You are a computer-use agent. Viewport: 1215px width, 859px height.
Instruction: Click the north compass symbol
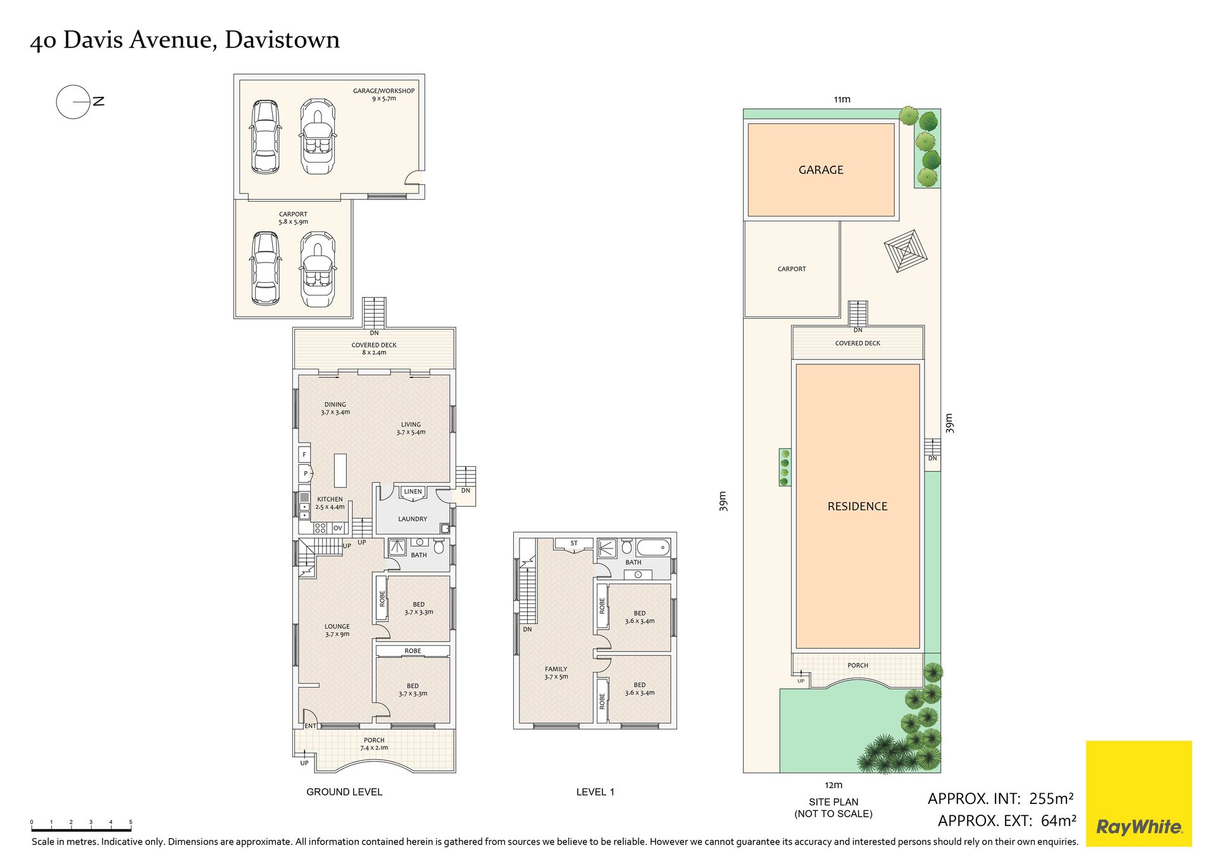[80, 101]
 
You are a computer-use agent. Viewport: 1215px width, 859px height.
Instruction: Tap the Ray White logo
[1138, 793]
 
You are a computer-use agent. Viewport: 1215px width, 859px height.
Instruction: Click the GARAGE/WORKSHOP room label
[383, 94]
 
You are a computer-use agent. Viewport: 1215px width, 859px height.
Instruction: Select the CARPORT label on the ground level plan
[293, 218]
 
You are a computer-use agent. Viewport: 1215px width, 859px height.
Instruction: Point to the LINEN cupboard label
[413, 491]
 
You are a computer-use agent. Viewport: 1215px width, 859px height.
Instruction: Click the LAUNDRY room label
[413, 519]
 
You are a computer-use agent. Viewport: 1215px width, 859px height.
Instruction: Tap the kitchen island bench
[340, 470]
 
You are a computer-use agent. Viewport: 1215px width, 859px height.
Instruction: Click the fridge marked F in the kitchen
[304, 454]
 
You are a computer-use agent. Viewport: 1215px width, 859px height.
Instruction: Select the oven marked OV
[338, 528]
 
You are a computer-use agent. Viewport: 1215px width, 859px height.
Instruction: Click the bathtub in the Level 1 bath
[653, 547]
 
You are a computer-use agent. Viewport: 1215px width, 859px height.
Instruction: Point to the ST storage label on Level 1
[574, 543]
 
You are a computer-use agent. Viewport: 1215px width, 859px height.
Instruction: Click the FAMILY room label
[556, 672]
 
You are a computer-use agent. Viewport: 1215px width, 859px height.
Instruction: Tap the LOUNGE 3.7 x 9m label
[337, 630]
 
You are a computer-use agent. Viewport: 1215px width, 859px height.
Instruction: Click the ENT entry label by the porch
[310, 726]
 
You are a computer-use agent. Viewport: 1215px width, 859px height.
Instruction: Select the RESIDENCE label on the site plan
[857, 506]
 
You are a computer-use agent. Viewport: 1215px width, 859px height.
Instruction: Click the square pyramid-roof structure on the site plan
[906, 251]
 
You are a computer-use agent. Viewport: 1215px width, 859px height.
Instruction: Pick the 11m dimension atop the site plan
[842, 99]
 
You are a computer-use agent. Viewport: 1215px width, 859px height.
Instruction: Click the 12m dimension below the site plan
[834, 785]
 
